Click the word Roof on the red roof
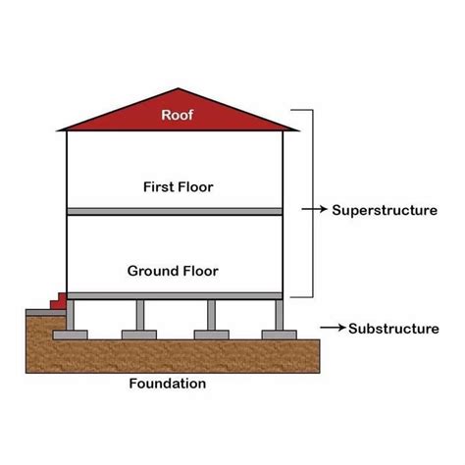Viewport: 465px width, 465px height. click(177, 115)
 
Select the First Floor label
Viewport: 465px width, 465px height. click(178, 185)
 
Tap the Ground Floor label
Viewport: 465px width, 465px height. click(172, 270)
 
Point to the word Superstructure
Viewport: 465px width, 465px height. click(385, 210)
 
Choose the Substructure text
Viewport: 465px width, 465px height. click(393, 329)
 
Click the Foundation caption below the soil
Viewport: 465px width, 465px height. click(168, 384)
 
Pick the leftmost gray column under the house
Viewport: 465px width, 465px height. click(71, 315)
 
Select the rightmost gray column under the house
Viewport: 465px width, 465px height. click(279, 315)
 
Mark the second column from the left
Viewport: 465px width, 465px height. click(140, 315)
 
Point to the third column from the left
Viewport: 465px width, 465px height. click(211, 315)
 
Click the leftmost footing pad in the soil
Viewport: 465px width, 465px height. click(71, 335)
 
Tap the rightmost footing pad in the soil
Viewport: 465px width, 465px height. click(279, 335)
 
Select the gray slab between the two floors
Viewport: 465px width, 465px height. click(175, 212)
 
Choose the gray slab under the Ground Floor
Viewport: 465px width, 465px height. click(175, 295)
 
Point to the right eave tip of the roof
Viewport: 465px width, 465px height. click(295, 129)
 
